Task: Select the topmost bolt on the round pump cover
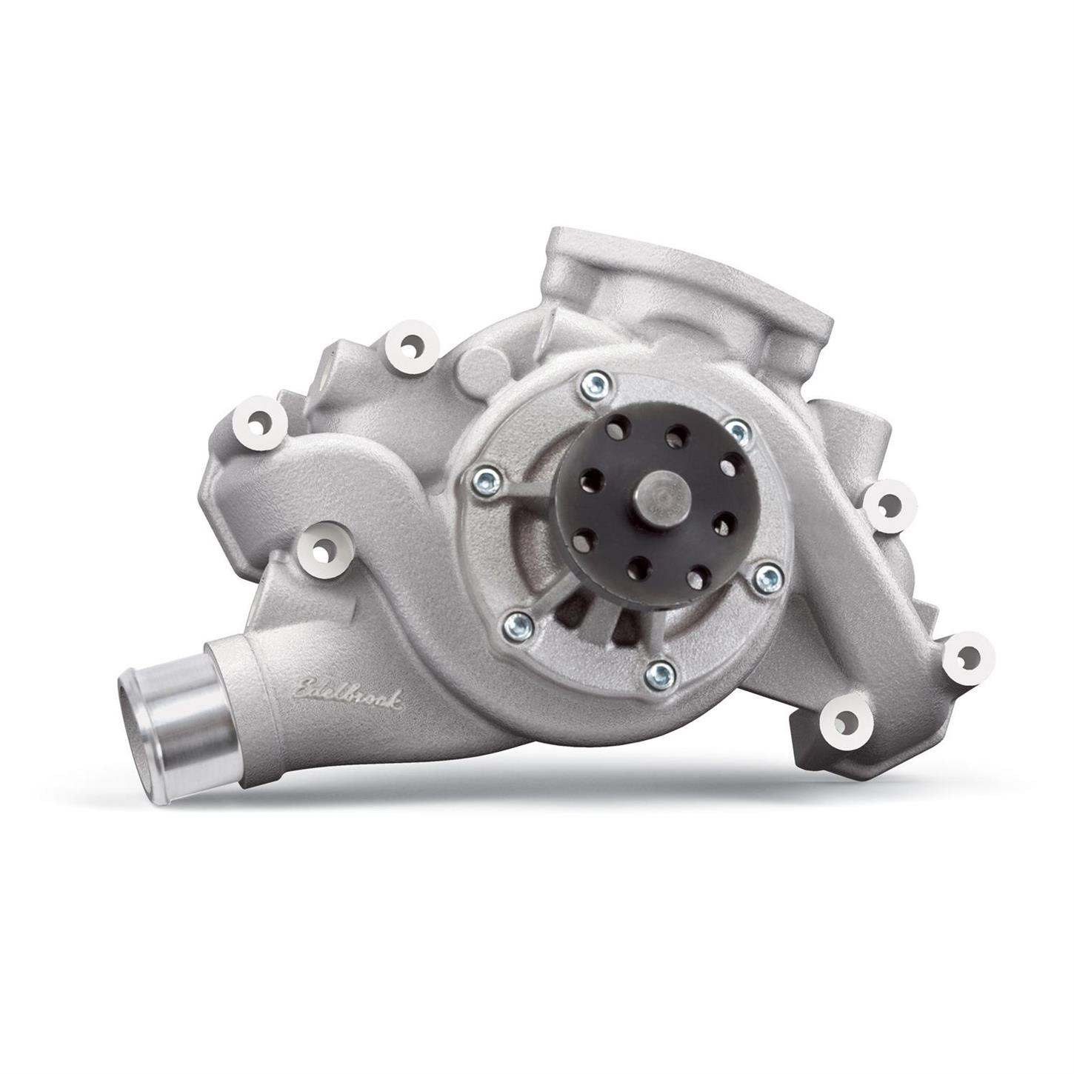pyautogui.click(x=596, y=383)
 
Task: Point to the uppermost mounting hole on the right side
pyautogui.click(x=886, y=504)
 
